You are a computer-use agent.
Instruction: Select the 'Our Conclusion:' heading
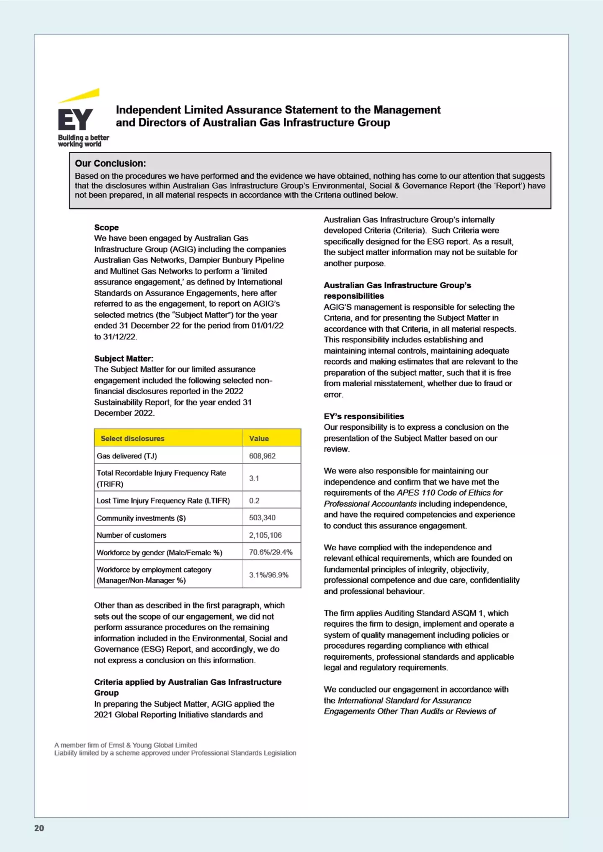coord(110,163)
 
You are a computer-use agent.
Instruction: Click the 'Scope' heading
coord(106,227)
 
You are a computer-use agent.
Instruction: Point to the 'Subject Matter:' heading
coord(124,358)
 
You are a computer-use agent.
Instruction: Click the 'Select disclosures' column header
coord(132,438)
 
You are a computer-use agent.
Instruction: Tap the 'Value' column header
coord(259,438)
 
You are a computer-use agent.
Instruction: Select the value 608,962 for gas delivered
coord(262,456)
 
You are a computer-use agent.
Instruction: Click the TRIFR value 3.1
coord(254,478)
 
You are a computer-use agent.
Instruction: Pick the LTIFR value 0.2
coord(254,500)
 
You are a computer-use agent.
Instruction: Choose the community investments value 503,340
coord(262,518)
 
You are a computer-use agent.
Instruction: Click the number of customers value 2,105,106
coord(265,535)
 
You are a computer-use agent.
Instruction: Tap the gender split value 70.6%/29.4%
coord(271,552)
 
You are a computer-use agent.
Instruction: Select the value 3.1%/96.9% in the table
coord(268,575)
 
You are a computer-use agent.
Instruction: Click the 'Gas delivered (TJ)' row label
coord(126,456)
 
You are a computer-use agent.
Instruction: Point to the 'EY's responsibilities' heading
coord(363,416)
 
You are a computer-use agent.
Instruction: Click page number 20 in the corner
coord(39,828)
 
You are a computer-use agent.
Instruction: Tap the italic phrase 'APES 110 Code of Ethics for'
coord(450,493)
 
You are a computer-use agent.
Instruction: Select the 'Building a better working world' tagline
coord(83,141)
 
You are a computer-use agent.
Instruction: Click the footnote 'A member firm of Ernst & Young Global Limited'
coord(126,745)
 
